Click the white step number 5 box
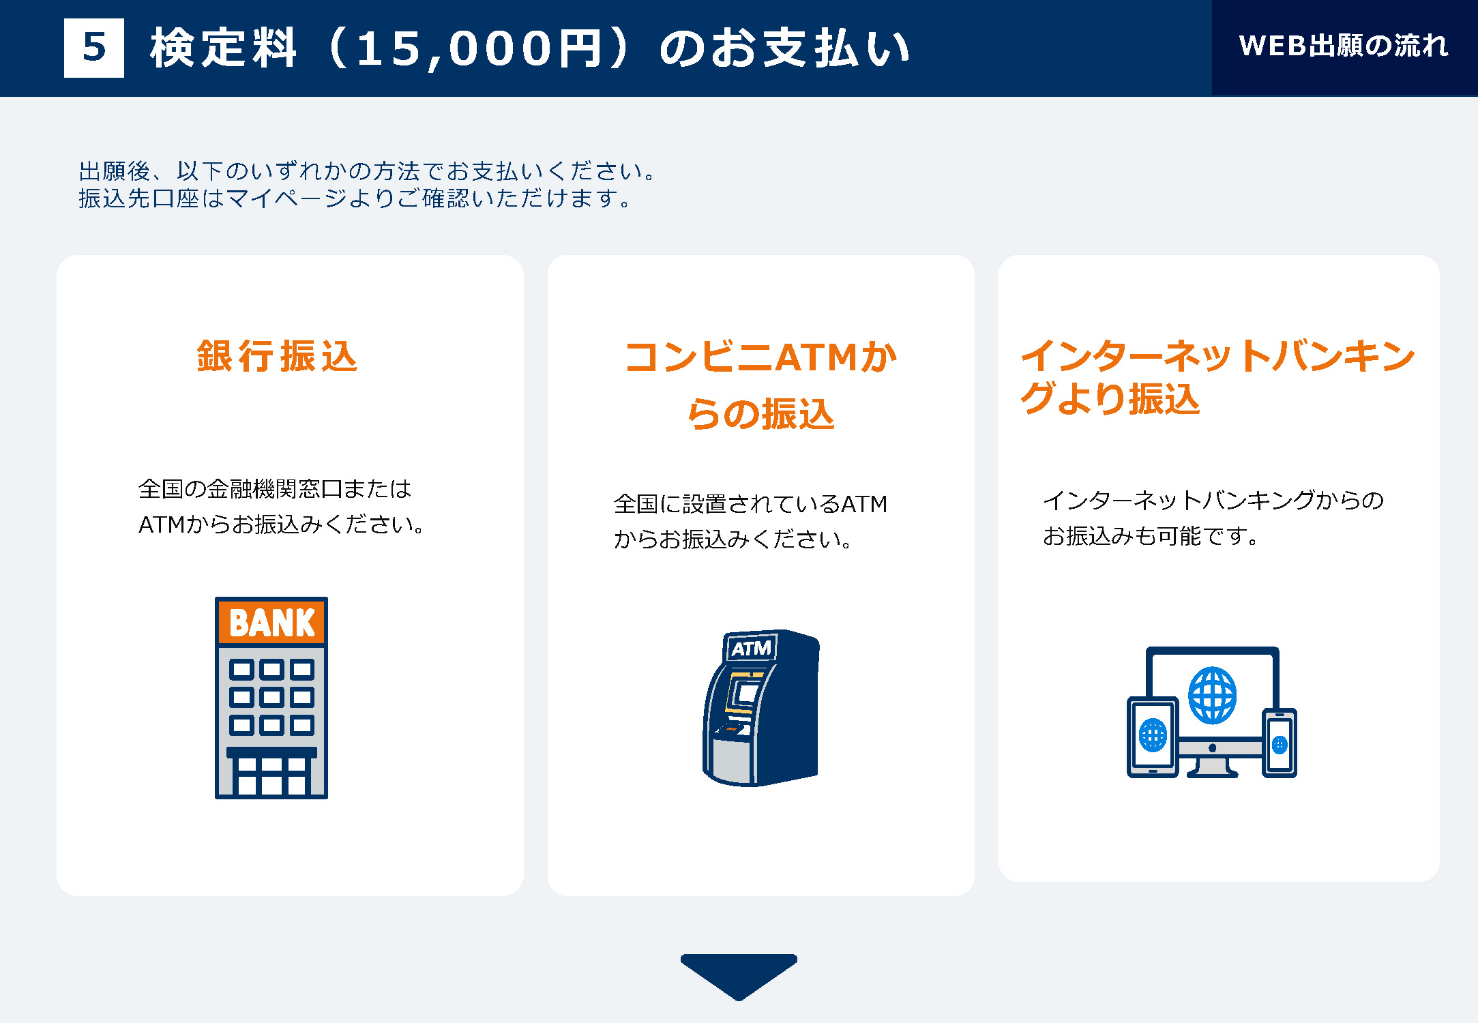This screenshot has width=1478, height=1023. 94,48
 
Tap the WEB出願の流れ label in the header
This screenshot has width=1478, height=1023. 1344,46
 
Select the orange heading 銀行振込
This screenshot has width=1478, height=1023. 277,356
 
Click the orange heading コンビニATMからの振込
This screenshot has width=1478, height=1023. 760,385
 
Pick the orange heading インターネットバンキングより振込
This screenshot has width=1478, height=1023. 1217,377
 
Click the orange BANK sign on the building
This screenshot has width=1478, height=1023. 271,622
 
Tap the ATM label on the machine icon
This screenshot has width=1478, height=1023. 751,648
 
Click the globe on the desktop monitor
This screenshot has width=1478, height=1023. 1212,696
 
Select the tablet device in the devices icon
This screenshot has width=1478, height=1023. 1153,737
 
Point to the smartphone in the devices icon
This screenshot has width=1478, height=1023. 1280,743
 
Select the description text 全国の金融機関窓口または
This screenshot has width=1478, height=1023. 275,488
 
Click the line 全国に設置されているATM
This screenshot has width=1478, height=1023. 750,504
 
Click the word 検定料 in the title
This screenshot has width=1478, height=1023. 224,48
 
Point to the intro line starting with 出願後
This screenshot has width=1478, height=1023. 368,170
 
